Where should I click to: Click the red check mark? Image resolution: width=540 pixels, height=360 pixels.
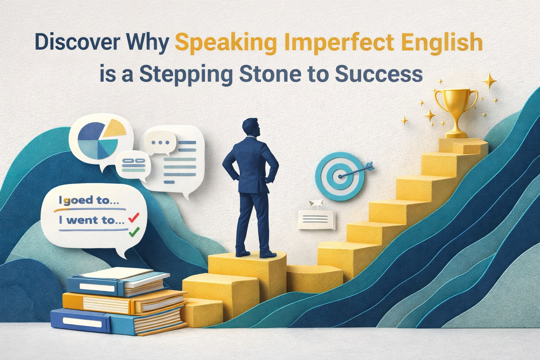(133, 218)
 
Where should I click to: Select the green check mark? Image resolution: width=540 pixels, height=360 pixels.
(134, 232)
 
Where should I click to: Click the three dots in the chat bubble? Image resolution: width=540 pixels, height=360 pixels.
(160, 143)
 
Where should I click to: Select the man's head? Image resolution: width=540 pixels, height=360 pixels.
(251, 128)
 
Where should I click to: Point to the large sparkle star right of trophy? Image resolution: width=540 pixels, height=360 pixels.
(489, 81)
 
